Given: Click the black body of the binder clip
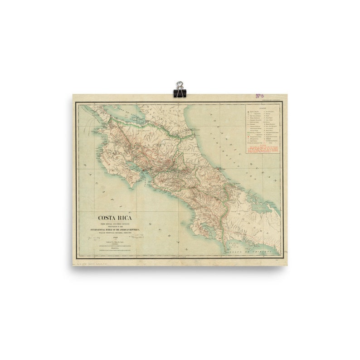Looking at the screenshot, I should point(180,93).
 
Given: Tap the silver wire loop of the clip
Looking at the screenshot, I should point(180,85).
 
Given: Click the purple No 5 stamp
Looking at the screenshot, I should point(259,96).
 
